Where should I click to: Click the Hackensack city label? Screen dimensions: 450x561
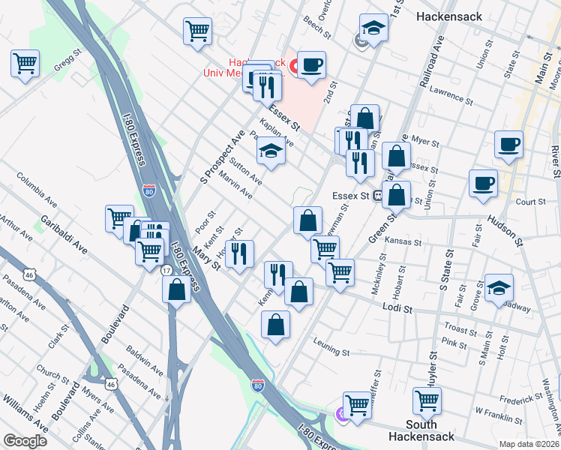point(451,15)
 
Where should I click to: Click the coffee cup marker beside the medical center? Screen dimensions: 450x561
point(310,65)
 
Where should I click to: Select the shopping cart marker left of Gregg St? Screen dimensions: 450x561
point(25,63)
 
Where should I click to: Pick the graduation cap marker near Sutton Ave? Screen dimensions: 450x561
point(271,151)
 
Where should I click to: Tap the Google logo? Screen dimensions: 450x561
point(25,441)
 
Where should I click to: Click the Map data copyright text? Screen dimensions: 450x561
point(529,444)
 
